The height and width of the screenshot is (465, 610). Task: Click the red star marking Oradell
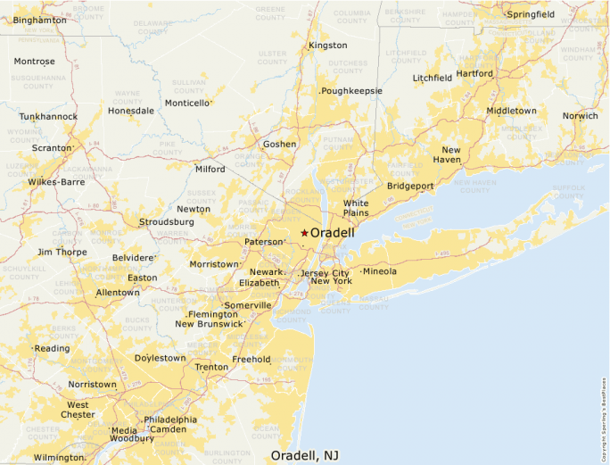[x=303, y=233]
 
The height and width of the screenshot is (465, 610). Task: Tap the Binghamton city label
[x=39, y=20]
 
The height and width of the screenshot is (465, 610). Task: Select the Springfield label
[x=531, y=14]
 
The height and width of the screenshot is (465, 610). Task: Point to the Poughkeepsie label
[x=352, y=91]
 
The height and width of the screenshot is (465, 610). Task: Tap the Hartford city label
[x=474, y=73]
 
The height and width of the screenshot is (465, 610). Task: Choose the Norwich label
[x=580, y=116]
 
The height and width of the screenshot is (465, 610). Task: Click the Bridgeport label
[x=410, y=186]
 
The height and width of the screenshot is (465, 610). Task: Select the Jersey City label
[x=325, y=273]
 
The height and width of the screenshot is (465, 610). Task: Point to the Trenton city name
[x=211, y=367]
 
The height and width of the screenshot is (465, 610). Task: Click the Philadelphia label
[x=170, y=419]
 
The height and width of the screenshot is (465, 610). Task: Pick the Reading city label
[x=53, y=349]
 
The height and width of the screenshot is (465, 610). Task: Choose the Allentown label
[x=118, y=293]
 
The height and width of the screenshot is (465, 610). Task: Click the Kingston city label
[x=327, y=46]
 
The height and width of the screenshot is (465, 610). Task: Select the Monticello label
[x=188, y=103]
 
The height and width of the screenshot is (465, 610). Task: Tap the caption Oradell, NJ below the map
[x=304, y=455]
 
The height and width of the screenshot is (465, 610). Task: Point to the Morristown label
[x=214, y=264]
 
